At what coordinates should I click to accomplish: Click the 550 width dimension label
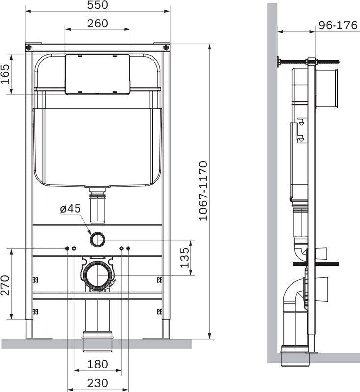97,5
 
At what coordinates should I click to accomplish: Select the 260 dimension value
98,24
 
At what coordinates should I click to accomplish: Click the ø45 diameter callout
70,209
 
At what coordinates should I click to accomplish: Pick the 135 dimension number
185,258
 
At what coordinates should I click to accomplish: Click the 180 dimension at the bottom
97,364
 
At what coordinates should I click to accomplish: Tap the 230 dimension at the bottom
97,383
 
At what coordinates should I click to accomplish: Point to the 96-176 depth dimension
337,25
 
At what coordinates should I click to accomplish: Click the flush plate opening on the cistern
98,73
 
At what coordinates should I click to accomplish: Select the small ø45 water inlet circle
97,239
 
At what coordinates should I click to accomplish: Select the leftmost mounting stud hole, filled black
67,249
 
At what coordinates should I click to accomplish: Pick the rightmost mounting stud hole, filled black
128,249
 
